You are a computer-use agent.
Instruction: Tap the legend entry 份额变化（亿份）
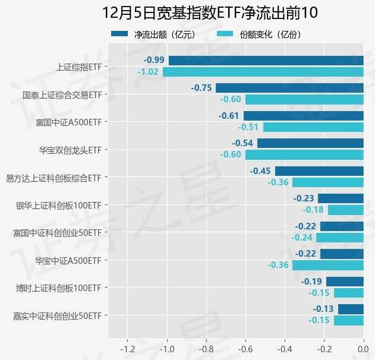[x=259, y=34]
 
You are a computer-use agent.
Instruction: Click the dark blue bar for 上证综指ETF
[x=266, y=61]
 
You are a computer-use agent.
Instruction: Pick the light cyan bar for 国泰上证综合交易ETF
[x=304, y=99]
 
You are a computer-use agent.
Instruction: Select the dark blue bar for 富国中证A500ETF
[x=303, y=116]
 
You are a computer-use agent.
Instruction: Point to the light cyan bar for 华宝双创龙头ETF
[x=304, y=154]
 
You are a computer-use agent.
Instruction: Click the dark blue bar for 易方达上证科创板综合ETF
[x=319, y=171]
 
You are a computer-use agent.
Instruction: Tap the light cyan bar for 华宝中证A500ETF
[x=327, y=265]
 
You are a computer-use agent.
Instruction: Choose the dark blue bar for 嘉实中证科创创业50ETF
[x=351, y=309]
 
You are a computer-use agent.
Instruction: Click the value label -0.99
[x=154, y=61]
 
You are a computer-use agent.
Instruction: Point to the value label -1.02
[x=148, y=72]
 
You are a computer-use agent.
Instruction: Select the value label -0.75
[x=201, y=88]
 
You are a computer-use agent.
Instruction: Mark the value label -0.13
[x=323, y=309]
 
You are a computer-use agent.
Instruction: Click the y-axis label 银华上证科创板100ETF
[x=58, y=205]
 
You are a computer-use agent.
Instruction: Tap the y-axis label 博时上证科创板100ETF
[x=58, y=288]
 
